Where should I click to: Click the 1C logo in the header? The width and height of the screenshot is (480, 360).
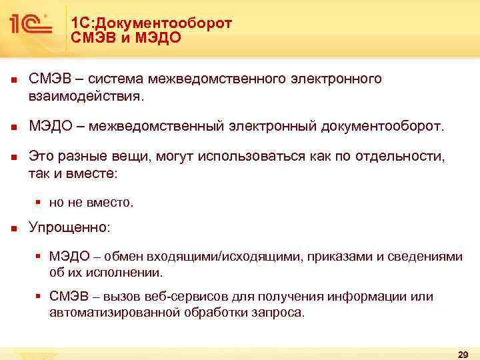[31, 25]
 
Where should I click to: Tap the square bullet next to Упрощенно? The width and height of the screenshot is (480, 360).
[13, 227]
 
